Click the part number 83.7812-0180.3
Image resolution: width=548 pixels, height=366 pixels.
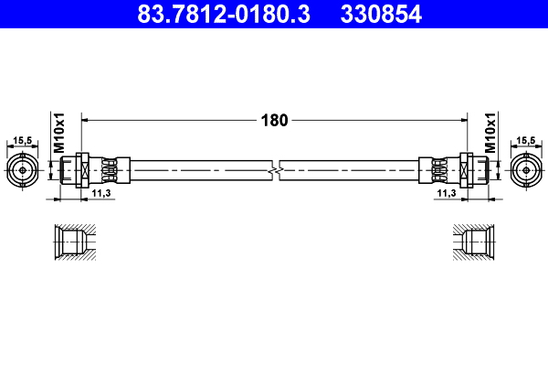pos(224,14)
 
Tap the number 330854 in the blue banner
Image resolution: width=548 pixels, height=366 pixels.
pos(381,14)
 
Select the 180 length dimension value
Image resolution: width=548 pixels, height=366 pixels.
pos(274,121)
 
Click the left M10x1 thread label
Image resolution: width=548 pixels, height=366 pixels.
pos(59,133)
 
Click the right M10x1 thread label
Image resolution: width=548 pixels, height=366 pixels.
pos(490,133)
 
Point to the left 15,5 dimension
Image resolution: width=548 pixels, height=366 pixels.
pos(22,140)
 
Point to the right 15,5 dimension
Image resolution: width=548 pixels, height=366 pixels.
pos(526,140)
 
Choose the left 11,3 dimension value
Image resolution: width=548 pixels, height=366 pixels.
pos(101,193)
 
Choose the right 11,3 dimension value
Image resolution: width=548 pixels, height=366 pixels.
pos(447,193)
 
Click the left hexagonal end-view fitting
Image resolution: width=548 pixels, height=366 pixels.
pos(22,170)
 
